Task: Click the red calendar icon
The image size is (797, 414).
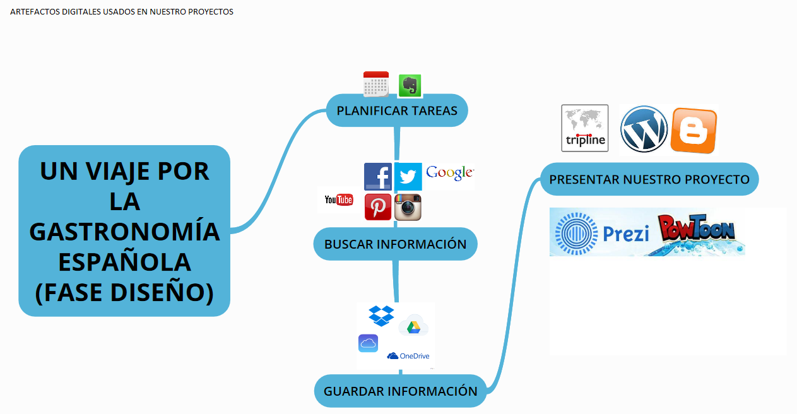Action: [x=375, y=84]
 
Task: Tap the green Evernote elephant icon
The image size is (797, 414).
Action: [x=410, y=86]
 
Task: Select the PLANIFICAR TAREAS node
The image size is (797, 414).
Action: [x=397, y=110]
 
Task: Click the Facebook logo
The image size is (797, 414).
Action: [x=378, y=177]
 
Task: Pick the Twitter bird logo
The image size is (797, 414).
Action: [x=408, y=177]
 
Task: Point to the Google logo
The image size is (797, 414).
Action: [x=450, y=173]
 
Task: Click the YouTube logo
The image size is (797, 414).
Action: [x=338, y=200]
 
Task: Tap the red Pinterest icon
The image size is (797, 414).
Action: [x=378, y=207]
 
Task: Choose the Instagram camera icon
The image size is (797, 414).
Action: [x=408, y=207]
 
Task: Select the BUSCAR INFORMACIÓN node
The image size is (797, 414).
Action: [x=395, y=244]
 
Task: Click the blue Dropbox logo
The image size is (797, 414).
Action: [x=381, y=315]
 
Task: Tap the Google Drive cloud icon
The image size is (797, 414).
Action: [x=413, y=326]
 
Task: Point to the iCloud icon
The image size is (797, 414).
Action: [x=368, y=343]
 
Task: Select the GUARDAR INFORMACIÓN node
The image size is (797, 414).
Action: [x=400, y=391]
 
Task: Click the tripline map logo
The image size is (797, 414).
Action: [x=585, y=128]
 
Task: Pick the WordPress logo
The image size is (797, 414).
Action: [x=644, y=129]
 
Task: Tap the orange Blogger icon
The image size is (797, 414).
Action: [x=694, y=131]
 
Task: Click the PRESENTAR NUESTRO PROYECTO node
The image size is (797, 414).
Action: [x=649, y=179]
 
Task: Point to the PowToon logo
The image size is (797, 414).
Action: [x=697, y=229]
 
